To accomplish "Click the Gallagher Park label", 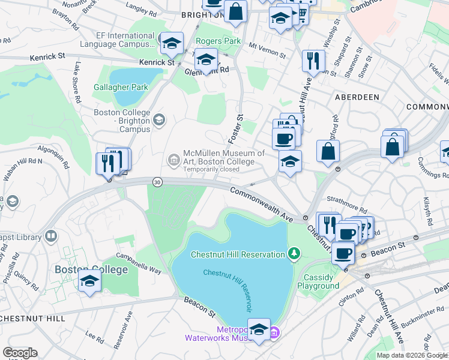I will click(x=121, y=87).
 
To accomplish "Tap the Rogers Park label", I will click(x=218, y=41).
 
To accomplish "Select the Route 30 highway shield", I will click(x=157, y=182).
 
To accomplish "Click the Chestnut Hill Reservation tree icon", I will click(x=294, y=254).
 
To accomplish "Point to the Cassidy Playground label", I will click(x=321, y=281).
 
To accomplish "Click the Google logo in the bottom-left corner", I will click(x=20, y=353).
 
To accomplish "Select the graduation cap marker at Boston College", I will click(x=89, y=282).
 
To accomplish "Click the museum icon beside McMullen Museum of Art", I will click(x=174, y=159).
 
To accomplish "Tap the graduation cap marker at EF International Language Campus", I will click(x=172, y=43).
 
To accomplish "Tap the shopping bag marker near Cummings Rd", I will click(x=391, y=146).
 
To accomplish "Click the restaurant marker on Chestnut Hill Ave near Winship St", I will click(x=313, y=61).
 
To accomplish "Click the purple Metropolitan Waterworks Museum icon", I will click(x=274, y=332).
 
